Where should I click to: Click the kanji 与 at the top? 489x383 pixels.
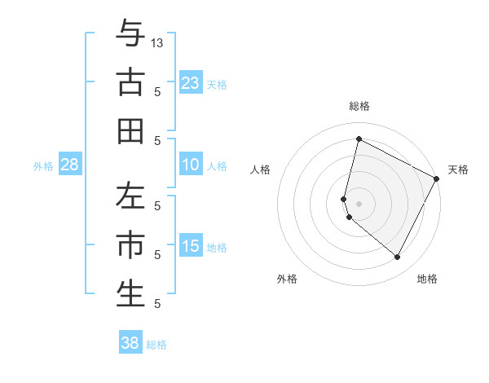pos(130,34)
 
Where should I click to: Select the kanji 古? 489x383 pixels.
pos(130,83)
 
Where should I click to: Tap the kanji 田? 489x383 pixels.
pos(130,130)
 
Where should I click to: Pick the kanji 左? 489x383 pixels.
pos(130,196)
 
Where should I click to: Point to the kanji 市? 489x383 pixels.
pos(130,244)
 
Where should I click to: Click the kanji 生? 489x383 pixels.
pos(130,293)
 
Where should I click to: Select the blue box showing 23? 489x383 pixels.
pos(191,83)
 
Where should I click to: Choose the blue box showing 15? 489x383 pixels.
pos(191,247)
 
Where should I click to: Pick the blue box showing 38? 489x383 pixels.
pos(130,343)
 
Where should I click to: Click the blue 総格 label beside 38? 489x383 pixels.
pos(156,345)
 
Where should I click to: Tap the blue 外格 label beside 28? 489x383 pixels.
pos(43,166)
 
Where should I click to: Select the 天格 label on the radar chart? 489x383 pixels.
pos(458,169)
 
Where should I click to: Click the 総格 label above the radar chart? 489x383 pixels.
pos(359,106)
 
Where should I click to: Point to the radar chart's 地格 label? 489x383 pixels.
pos(427,280)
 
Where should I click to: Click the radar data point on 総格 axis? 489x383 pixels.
pos(359,139)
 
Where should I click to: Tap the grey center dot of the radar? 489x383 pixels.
pos(359,203)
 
